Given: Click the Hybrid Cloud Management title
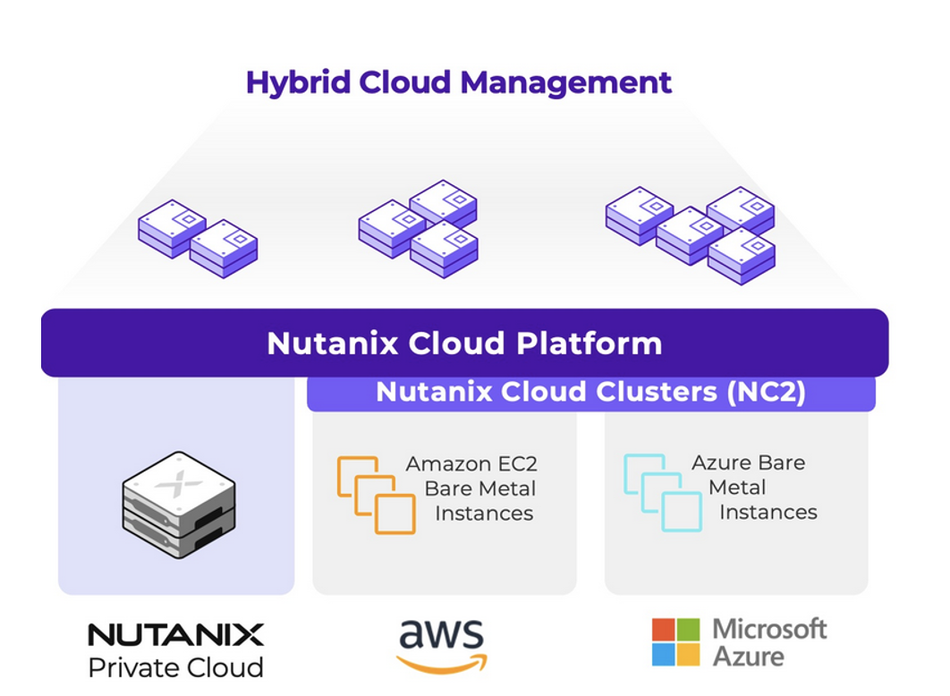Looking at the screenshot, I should point(458,82).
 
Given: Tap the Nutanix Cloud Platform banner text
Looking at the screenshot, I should point(464,344).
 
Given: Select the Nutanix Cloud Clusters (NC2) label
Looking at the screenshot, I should point(590,392).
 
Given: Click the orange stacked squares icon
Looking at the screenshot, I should point(376,495).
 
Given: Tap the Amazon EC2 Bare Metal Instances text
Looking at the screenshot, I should point(472,488).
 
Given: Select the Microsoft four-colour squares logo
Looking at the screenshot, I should point(675,642).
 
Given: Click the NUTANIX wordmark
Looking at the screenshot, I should point(176,635).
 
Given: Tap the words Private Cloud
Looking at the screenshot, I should point(176,667).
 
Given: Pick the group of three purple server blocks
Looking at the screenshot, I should point(418,229).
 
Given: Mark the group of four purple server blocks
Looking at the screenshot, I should point(690,233).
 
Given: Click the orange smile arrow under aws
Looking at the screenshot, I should point(442,663).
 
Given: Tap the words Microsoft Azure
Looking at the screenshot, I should point(769,642).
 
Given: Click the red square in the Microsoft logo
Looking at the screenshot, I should point(663,630).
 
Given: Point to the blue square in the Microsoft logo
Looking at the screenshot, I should point(663,655).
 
